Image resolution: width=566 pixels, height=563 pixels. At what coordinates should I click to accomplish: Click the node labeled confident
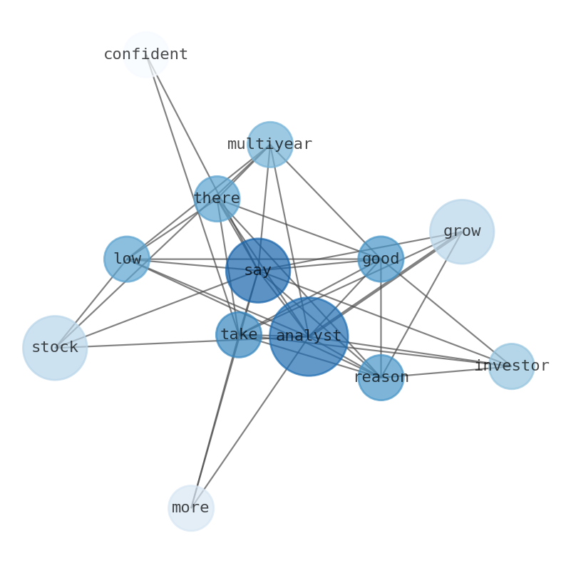(146, 54)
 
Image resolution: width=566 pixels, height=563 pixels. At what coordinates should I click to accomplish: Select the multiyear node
(269, 144)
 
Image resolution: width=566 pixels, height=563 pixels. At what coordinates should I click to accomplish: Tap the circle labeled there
(217, 198)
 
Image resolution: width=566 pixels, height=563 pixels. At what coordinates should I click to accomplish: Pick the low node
(127, 259)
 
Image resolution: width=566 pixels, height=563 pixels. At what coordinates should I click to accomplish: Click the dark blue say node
(258, 270)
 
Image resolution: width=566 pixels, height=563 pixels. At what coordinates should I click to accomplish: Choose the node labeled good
(381, 259)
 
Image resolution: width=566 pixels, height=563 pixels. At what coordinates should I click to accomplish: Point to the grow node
(462, 232)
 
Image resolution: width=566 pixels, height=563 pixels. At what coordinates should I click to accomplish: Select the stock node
(55, 348)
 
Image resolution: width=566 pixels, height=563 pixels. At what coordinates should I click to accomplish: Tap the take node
(239, 334)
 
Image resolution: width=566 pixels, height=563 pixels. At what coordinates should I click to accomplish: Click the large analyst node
(309, 336)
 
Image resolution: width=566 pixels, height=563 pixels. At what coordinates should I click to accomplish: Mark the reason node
(381, 377)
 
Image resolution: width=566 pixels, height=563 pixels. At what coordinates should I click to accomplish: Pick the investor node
(511, 366)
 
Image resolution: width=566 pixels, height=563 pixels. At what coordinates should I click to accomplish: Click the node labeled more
(191, 508)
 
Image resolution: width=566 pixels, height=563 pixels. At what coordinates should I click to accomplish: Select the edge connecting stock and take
(143, 341)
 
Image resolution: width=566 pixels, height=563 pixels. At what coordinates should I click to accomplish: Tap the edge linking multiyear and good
(325, 201)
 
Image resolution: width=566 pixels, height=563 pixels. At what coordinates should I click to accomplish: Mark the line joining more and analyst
(242, 433)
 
